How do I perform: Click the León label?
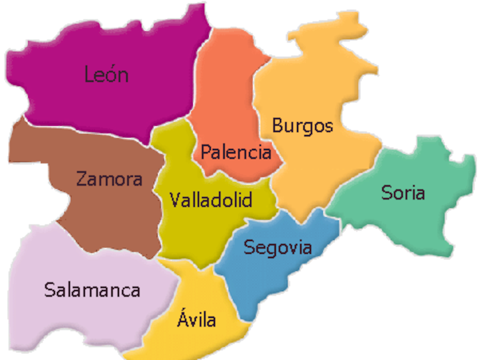tap(106, 74)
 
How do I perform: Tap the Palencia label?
tap(236, 152)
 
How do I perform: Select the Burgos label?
tap(302, 126)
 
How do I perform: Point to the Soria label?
tap(403, 193)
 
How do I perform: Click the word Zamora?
tap(109, 179)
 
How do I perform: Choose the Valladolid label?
tap(211, 200)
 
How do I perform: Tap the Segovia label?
tap(278, 248)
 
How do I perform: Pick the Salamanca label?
tap(92, 290)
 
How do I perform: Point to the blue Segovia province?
tap(256, 280)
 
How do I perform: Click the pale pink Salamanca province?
tap(80, 320)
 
